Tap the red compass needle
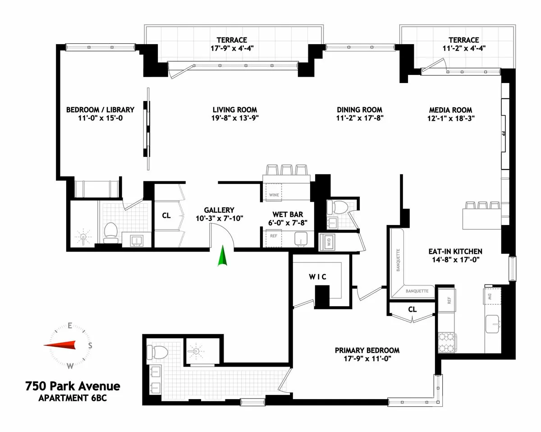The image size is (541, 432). [x=61, y=345]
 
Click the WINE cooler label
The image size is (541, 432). [x=274, y=195]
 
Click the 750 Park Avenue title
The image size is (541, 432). [x=73, y=386]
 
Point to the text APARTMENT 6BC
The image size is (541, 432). [x=73, y=398]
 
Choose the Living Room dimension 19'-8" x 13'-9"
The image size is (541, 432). [x=235, y=118]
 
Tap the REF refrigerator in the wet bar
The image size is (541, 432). [x=274, y=236]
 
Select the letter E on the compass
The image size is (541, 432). [x=70, y=325]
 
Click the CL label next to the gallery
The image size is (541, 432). [x=166, y=216]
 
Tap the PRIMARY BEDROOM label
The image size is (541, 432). [x=367, y=350]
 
